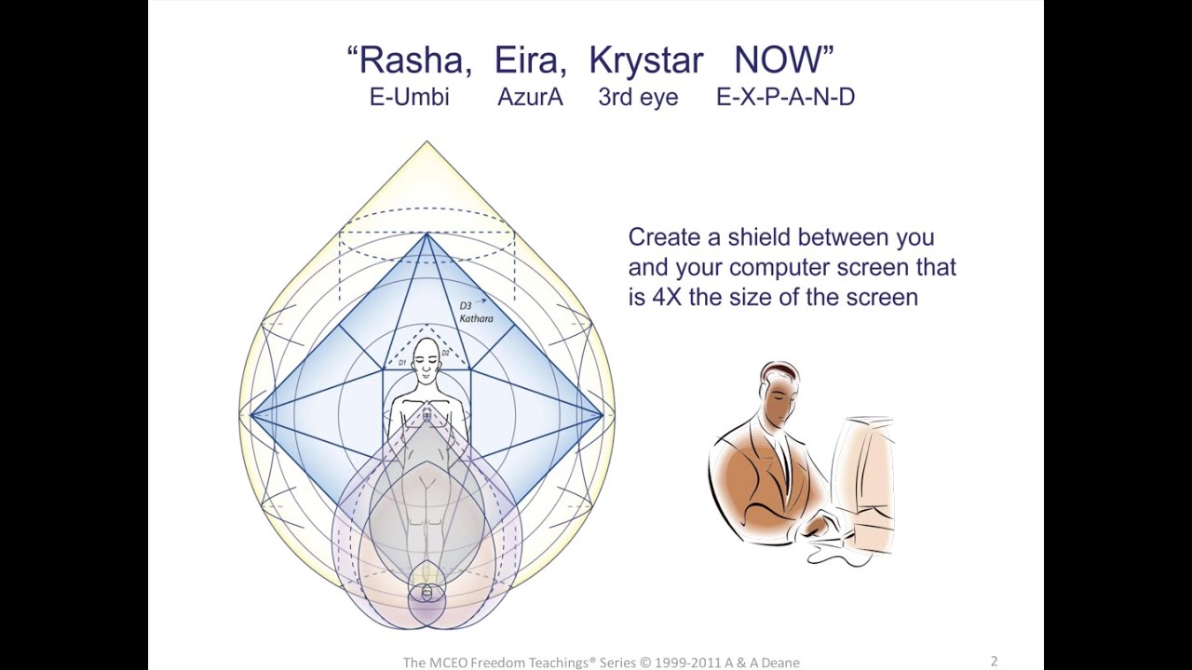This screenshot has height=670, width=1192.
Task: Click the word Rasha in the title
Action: point(410,60)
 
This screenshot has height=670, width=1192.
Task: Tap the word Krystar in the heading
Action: point(646,60)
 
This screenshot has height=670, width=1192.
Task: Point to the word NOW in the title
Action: point(779,60)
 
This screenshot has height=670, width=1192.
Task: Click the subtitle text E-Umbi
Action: point(409,97)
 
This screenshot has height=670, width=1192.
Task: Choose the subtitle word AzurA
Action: point(530,97)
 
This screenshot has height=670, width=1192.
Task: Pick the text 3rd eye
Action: point(638,97)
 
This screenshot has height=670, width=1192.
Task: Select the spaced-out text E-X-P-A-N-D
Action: point(785,97)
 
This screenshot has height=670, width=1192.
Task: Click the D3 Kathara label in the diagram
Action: point(475,312)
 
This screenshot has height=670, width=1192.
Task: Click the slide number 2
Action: point(994,662)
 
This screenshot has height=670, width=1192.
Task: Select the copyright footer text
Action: point(601,663)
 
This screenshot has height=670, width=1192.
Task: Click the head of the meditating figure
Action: point(427,358)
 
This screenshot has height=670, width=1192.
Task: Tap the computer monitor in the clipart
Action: point(866,475)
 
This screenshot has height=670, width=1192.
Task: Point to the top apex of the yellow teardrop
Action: point(427,142)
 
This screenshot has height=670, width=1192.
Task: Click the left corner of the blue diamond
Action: point(252,415)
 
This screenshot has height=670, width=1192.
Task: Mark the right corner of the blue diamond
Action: point(602,415)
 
